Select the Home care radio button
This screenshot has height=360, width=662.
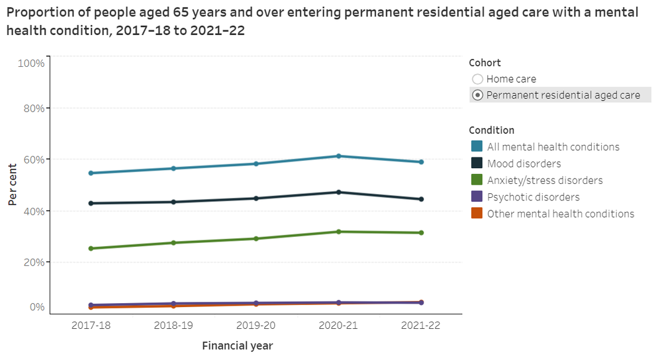click(477, 79)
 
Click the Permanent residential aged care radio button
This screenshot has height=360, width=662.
click(477, 95)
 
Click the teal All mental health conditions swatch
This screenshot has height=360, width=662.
click(477, 147)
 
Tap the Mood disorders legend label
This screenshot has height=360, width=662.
click(524, 163)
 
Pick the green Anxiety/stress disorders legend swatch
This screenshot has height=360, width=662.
click(477, 180)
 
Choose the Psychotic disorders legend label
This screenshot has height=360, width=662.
click(533, 197)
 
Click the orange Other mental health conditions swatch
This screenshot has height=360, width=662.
click(477, 214)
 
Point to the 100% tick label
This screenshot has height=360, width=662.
click(31, 64)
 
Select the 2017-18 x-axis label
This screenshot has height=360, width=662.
click(91, 326)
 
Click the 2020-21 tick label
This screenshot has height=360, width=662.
click(338, 326)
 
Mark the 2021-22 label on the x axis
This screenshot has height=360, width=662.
click(420, 326)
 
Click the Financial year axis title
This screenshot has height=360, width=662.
click(237, 345)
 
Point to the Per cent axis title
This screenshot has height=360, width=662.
click(13, 185)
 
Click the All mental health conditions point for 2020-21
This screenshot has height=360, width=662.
click(338, 156)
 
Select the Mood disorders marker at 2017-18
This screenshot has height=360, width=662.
click(91, 203)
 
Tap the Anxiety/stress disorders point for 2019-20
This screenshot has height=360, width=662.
click(256, 238)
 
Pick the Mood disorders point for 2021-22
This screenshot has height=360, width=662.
click(420, 199)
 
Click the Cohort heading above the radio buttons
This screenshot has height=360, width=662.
click(485, 63)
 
